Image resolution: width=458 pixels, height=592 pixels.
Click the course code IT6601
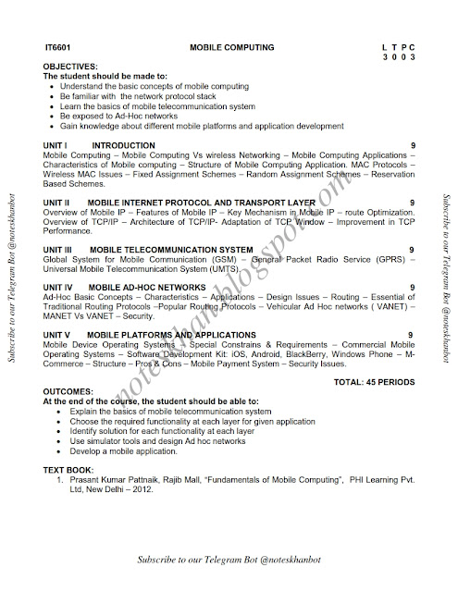56,43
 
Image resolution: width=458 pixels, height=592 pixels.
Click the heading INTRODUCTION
126,146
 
